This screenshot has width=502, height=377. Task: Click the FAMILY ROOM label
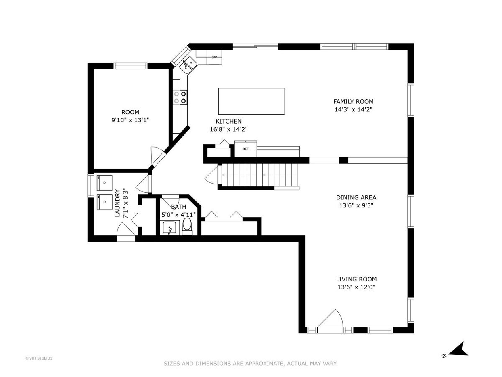[x=353, y=101]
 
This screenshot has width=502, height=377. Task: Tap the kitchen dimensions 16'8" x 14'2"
[x=229, y=129]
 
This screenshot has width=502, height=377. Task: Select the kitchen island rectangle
[x=251, y=101]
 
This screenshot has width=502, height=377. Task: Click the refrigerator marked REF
[x=246, y=149]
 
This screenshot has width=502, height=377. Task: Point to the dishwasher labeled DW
[x=214, y=57]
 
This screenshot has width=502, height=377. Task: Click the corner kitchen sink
[x=188, y=65]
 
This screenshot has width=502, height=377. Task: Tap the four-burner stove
[x=180, y=97]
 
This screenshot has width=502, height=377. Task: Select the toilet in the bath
[x=187, y=226]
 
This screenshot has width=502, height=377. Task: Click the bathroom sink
[x=169, y=228]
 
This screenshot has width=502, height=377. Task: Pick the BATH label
[x=179, y=207]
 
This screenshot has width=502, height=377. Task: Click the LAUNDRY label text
[x=117, y=203]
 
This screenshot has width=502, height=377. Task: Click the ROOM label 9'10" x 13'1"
[x=130, y=116]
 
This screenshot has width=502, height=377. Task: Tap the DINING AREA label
[x=356, y=197]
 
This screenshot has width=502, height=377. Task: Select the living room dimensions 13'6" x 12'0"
[x=356, y=287]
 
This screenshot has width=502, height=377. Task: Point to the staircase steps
[x=259, y=175]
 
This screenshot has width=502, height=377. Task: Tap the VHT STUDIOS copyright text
[x=39, y=358]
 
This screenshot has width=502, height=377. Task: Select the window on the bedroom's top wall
[x=131, y=66]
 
